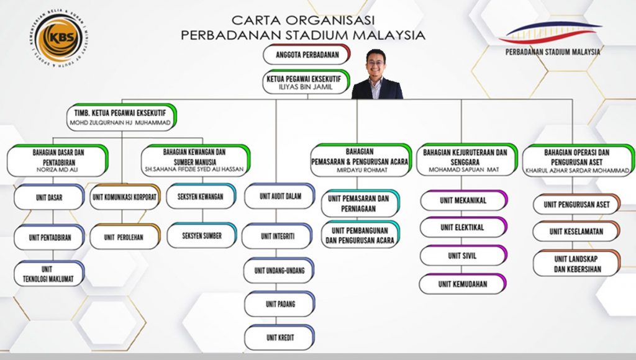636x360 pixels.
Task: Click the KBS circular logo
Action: point(60,39)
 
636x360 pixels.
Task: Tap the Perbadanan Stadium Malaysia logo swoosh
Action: point(551,32)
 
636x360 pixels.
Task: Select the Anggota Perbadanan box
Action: point(307,55)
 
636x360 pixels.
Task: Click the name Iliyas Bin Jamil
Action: point(306,87)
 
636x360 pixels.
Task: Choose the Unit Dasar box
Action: point(49,197)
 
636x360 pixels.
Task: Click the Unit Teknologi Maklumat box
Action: point(49,274)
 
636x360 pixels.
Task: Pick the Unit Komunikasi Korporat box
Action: point(125,197)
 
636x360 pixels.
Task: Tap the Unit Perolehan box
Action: point(125,236)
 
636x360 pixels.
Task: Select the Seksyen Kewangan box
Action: point(201,196)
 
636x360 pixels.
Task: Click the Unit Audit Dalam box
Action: point(280,196)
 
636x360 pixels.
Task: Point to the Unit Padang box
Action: point(280,304)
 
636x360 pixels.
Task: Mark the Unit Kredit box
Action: point(280,337)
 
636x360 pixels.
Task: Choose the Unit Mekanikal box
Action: point(463,200)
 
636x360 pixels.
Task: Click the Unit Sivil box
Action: point(463,255)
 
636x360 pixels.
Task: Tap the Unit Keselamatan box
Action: point(576,232)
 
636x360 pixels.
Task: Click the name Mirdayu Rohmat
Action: point(360,170)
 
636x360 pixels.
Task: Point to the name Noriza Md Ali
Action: point(57,170)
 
